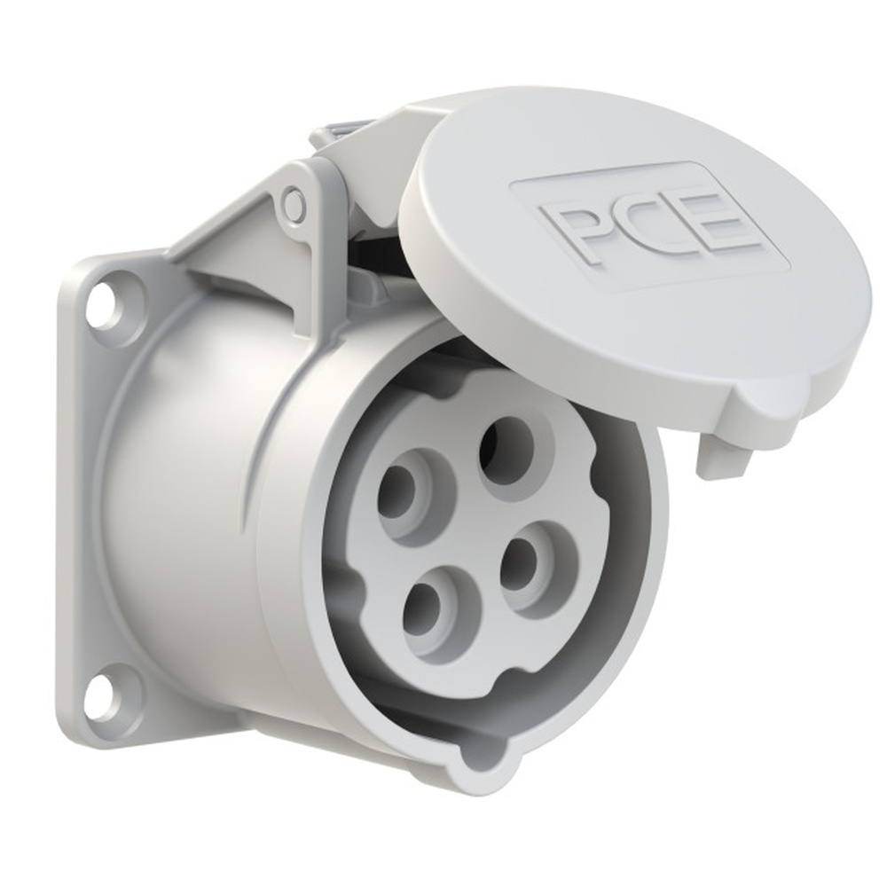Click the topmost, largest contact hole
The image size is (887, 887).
point(505,450)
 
